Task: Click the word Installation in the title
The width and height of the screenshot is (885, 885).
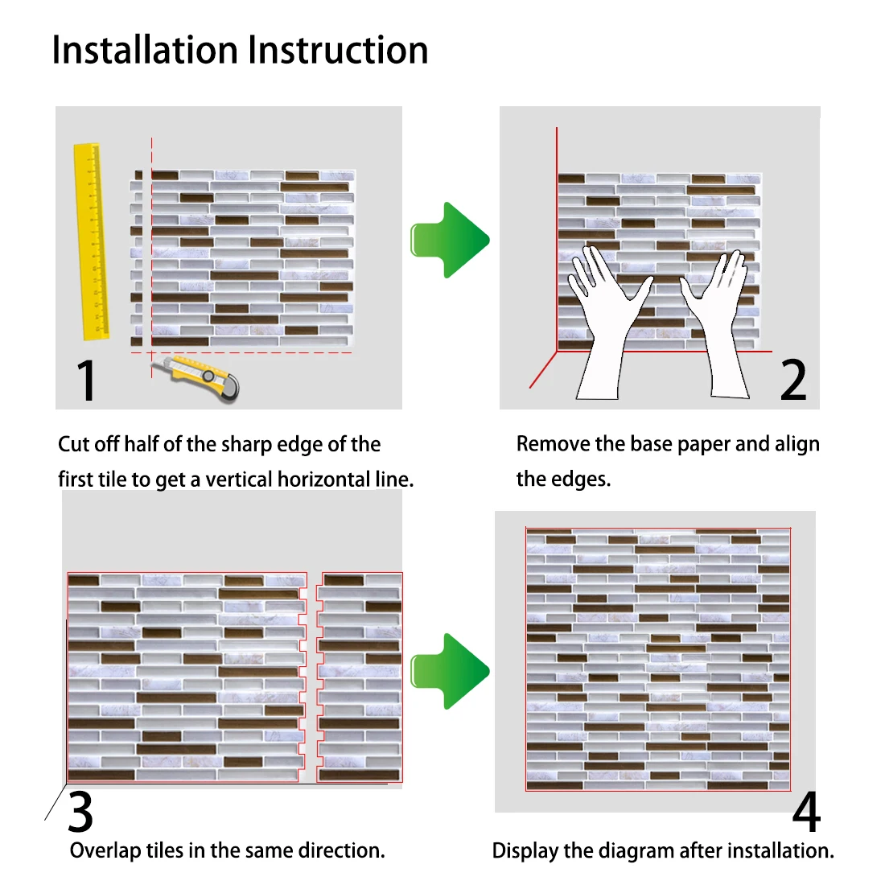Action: pos(146,50)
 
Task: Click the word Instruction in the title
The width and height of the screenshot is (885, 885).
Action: pos(338,50)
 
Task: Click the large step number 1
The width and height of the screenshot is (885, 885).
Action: pos(87,381)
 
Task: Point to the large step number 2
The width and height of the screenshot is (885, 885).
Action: pos(792,381)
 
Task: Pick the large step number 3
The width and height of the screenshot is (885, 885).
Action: pos(80,813)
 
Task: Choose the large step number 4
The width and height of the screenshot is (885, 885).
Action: pos(805,813)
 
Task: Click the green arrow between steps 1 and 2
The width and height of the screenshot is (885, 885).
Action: pos(450,241)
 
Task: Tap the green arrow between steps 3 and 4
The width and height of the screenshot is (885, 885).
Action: pos(450,671)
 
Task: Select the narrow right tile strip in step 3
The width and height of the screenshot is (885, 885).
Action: pos(360,677)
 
